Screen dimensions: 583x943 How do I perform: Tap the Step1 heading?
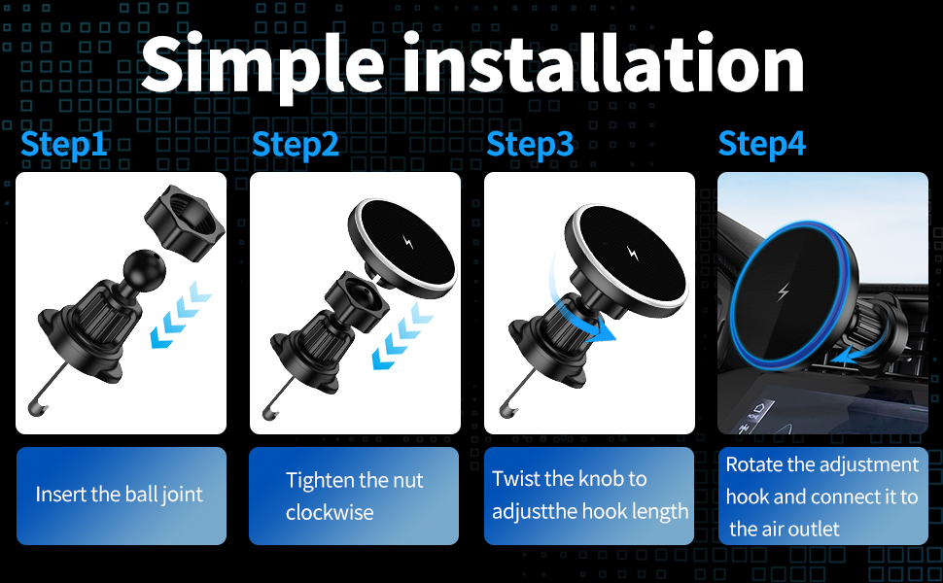(x=64, y=144)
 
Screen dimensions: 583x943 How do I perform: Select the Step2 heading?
(x=296, y=144)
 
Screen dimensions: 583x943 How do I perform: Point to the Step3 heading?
(x=530, y=144)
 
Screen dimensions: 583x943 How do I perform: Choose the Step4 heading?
(x=762, y=144)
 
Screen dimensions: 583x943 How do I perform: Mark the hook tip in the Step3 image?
(x=505, y=402)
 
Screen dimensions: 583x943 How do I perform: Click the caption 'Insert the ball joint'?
(x=120, y=494)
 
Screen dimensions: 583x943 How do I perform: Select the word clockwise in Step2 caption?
(x=329, y=512)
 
